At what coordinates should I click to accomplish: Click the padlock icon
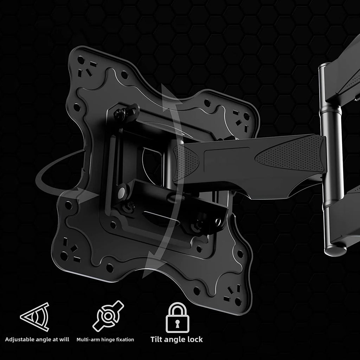[x=178, y=317]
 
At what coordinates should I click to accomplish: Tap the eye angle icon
[x=35, y=317]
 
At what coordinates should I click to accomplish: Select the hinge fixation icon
[x=108, y=316]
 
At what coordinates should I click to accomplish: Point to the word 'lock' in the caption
[x=195, y=339]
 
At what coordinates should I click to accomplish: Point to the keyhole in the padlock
[x=178, y=323]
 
